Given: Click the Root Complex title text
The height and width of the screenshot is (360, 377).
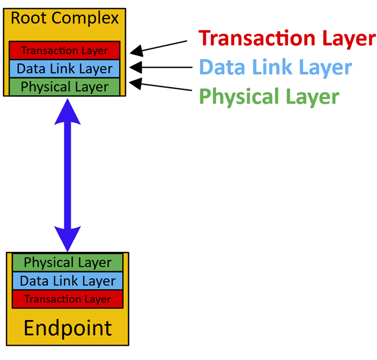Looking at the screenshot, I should coord(65,18).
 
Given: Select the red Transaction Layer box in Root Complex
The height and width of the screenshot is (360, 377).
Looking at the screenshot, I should coord(65,51).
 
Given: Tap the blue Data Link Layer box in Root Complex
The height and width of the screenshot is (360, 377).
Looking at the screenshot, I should coord(65,68).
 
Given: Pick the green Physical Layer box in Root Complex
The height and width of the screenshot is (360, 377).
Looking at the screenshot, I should coord(65,86).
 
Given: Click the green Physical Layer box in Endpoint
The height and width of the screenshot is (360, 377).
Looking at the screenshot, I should coord(68,263).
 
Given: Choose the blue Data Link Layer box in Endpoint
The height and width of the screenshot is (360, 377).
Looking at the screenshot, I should coord(68,281).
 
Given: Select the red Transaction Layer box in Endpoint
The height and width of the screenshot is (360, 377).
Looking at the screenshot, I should coord(68,299).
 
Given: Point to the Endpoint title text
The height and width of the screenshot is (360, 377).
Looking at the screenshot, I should coord(68,327).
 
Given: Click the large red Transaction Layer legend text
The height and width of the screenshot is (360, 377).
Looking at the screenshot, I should coord(287,38).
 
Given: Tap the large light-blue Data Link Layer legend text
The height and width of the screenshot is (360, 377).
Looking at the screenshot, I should coord(275,68).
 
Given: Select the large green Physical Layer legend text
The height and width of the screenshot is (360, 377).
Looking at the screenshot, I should coord(269,97).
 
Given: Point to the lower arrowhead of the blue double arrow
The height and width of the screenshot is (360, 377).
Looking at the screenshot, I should coord(67,237).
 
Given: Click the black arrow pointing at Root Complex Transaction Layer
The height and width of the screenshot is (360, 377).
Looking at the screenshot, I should coord(161,47).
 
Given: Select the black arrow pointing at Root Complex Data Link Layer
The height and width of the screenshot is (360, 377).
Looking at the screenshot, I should coord(161,68).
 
